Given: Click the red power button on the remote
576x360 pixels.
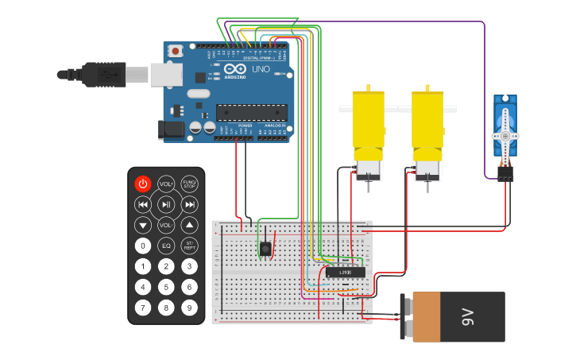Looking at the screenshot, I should (x=142, y=184).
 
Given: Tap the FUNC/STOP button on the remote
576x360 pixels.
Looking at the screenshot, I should (x=189, y=184).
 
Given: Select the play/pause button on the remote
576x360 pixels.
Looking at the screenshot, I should (x=165, y=204).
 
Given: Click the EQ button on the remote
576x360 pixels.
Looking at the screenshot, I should (x=165, y=246).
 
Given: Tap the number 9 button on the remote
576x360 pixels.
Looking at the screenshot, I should (x=189, y=307).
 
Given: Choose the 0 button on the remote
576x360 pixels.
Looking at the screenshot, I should (x=142, y=246).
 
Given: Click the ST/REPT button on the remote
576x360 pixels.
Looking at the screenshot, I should (x=189, y=246).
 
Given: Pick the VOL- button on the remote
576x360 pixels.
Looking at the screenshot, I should (x=165, y=225).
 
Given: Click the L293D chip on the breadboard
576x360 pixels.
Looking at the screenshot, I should (x=346, y=273).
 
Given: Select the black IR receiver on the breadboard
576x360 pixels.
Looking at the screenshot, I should (x=265, y=249).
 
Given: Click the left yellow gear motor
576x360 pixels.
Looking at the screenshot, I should (x=368, y=131).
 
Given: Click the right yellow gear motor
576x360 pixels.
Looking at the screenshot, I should (x=427, y=131).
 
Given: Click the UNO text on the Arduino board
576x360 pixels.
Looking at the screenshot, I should (x=261, y=69).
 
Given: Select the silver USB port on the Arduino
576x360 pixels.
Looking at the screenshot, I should (x=166, y=75).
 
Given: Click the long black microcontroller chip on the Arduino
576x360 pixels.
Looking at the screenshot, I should (x=251, y=113).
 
